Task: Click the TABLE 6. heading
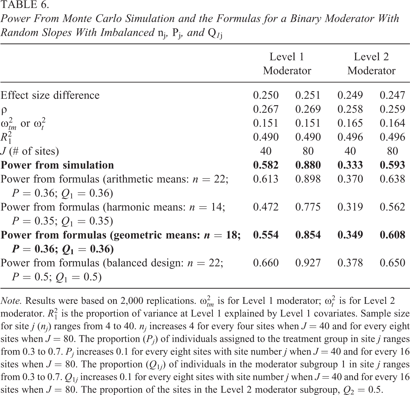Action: click(x=25, y=5)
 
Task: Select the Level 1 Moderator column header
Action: click(x=287, y=64)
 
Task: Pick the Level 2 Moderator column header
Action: click(x=371, y=64)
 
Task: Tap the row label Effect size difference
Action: click(x=50, y=95)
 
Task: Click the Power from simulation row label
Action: click(x=57, y=165)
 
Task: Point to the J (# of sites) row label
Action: click(x=30, y=151)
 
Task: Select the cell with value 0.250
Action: click(x=266, y=95)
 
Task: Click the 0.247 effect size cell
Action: click(x=392, y=95)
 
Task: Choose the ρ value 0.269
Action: click(x=308, y=109)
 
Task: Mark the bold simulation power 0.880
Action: click(x=308, y=165)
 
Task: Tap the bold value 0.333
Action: click(x=350, y=165)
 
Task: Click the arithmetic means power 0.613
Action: click(x=266, y=179)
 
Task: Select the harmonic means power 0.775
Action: click(x=308, y=207)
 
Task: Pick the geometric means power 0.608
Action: click(x=392, y=235)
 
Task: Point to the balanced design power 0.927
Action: click(x=308, y=263)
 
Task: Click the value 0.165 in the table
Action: click(x=350, y=123)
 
